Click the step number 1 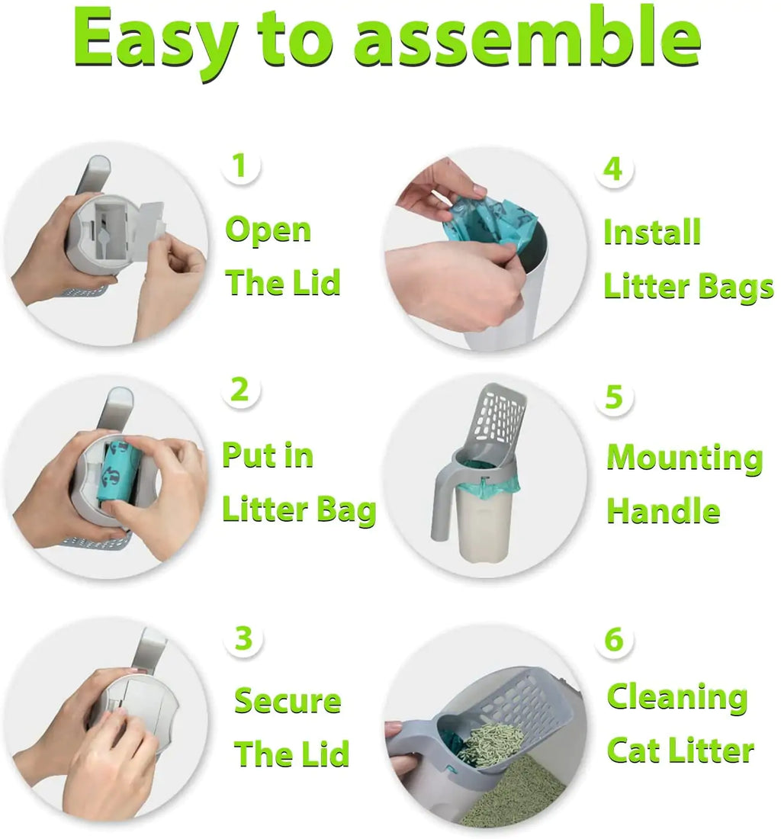240,166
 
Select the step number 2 240,390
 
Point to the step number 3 243,639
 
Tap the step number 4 613,169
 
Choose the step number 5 614,397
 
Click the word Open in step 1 268,230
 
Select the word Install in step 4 652,232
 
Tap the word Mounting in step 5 685,458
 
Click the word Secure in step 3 288,700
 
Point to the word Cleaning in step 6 677,697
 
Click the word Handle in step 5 664,510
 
